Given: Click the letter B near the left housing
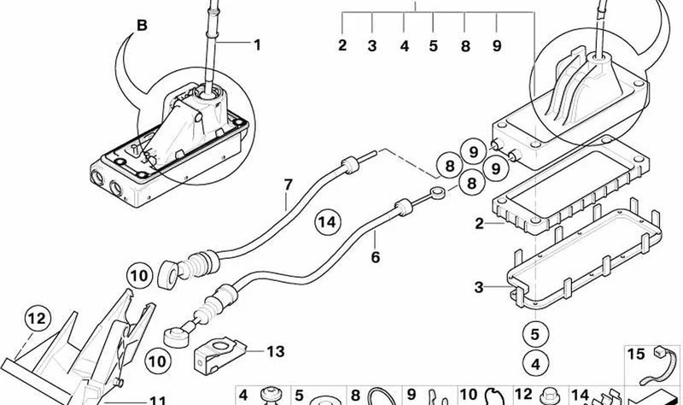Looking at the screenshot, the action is [142, 26].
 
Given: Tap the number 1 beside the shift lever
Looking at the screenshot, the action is [257, 45].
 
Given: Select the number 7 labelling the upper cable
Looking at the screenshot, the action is [288, 185].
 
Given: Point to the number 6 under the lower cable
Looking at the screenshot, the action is [376, 257].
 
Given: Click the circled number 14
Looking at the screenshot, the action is [328, 222].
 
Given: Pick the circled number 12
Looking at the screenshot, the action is [37, 319].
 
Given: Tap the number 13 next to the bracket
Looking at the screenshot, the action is [275, 351].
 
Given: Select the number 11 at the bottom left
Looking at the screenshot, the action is [158, 400].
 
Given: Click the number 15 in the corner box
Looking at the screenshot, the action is [635, 354].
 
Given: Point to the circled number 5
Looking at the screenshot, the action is [535, 334].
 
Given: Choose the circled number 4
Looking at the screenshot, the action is [535, 364].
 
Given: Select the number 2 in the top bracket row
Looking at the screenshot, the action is [342, 45].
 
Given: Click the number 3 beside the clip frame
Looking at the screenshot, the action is [479, 287].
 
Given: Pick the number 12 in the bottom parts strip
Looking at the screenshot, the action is [523, 395].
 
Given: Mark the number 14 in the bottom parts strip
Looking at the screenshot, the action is [580, 396].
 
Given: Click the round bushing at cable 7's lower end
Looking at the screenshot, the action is [167, 273].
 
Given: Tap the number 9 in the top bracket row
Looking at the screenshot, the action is [497, 46].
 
